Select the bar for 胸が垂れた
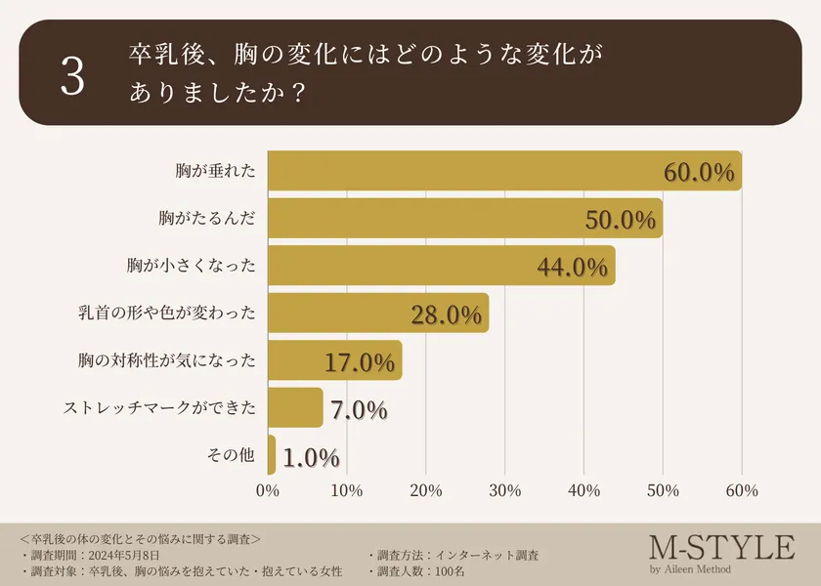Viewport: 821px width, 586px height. point(503,171)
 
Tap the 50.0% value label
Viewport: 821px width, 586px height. point(621,220)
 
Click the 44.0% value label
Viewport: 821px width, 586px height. point(574,267)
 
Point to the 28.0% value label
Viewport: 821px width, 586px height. point(447,314)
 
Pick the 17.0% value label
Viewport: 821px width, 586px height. point(360,362)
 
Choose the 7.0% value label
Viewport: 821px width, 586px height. point(359,409)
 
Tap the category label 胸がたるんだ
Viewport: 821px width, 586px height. point(206,218)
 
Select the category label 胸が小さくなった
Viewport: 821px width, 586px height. point(192,266)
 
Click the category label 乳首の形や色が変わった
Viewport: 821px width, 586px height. point(167,314)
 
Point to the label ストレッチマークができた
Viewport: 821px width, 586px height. point(159,408)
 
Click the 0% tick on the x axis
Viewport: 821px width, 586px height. point(268,491)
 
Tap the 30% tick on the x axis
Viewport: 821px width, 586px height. point(504,491)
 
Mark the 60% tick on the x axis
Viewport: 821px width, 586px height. point(742,491)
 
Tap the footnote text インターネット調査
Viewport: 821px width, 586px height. point(485,555)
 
